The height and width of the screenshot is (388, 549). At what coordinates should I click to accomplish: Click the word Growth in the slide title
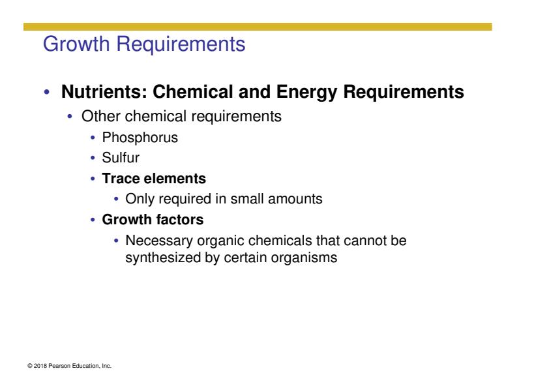(x=76, y=44)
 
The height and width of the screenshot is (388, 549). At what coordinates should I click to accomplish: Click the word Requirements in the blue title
(x=181, y=44)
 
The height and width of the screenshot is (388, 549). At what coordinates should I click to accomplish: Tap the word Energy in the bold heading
(x=306, y=93)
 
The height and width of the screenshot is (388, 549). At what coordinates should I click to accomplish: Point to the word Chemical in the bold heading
(x=192, y=92)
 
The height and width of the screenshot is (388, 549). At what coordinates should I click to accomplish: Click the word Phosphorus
(x=140, y=138)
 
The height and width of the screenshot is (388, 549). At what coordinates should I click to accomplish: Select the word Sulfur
(x=121, y=158)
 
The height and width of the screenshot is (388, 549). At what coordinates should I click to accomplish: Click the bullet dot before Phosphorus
(x=93, y=138)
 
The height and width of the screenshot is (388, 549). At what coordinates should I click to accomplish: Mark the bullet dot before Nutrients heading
(x=47, y=93)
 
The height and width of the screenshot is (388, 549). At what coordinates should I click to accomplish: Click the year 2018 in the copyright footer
(x=40, y=366)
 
